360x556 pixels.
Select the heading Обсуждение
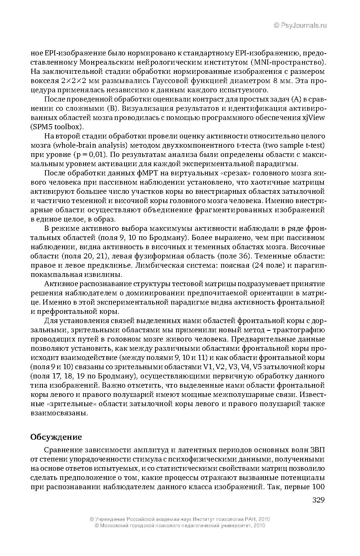click(x=56, y=437)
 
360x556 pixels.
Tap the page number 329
click(x=318, y=500)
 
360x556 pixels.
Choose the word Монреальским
click(x=107, y=62)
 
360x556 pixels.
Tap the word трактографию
click(x=299, y=330)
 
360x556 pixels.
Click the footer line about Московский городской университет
click(x=180, y=525)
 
